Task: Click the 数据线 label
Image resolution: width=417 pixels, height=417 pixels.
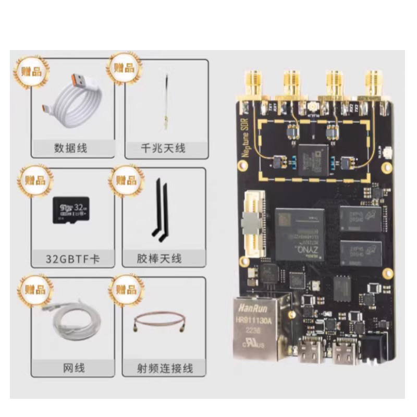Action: pyautogui.click(x=70, y=149)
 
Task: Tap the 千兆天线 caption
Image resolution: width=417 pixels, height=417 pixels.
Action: pyautogui.click(x=163, y=149)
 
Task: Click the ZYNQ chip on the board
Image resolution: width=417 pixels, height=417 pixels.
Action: pyautogui.click(x=299, y=234)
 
